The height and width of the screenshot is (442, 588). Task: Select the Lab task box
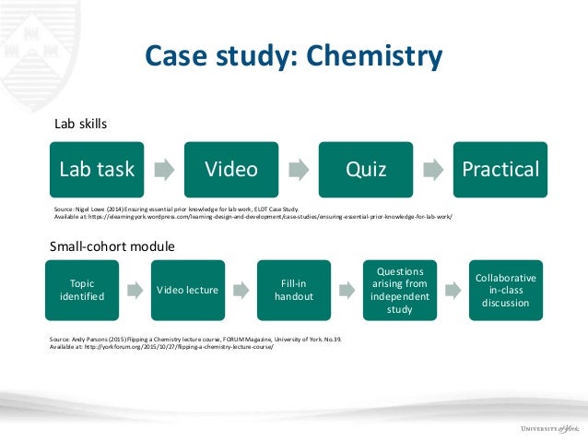pos(97,169)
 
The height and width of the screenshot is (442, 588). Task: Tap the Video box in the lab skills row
pos(231,169)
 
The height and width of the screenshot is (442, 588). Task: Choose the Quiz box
pos(366,169)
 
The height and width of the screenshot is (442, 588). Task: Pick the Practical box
pos(500,169)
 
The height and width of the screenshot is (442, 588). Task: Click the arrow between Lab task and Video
pos(164,169)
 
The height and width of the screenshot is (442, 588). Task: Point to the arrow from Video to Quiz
pos(299,169)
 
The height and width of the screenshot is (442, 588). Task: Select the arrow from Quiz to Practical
pos(433,169)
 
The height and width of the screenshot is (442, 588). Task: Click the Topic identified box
pos(81,290)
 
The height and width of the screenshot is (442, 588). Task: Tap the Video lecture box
pos(187,290)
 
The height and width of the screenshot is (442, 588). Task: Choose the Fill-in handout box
pos(294,290)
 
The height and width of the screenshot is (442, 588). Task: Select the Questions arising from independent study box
pos(400,290)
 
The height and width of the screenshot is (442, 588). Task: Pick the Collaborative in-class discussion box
pos(506,290)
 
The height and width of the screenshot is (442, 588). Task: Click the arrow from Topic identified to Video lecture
pos(135,290)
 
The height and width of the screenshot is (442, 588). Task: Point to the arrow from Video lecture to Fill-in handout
pos(241,290)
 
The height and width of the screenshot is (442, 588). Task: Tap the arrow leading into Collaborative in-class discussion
pos(453,290)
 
